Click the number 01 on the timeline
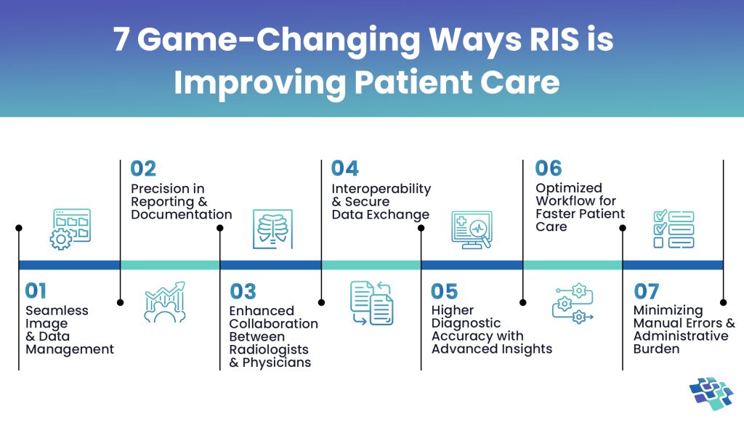coord(36,291)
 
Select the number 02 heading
coord(143,169)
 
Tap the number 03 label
coord(243,292)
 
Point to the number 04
coord(345,169)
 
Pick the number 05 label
coord(444,292)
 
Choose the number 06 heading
coord(549,169)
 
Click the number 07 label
coord(646,292)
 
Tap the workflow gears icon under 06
coord(573,303)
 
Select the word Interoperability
coord(381,189)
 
